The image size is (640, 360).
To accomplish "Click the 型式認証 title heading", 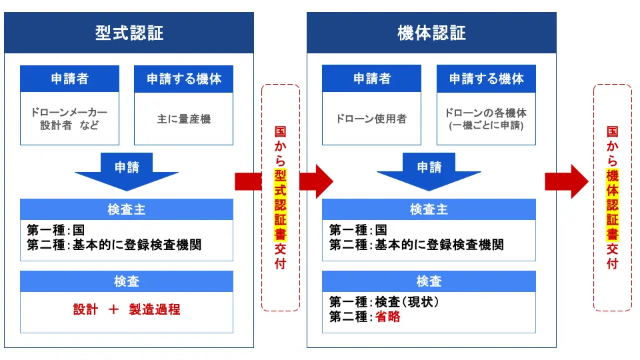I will pos(129,33).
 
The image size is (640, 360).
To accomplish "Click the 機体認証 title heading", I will pos(431,33).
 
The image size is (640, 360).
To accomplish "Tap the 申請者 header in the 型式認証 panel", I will pos(69,79).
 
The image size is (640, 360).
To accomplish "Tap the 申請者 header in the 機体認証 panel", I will pos(371,79).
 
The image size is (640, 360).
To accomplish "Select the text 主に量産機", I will pos(183,119).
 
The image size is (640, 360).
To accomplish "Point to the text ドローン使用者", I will pos(371,119).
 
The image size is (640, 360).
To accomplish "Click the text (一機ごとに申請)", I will pos(486,125).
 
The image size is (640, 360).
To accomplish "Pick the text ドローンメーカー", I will pos(69,112).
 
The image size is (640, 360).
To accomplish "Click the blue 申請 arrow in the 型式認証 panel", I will pos(127,170).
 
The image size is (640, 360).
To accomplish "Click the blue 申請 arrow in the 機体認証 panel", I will pos(429,170).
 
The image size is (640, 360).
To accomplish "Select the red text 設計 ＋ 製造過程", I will pos(127,309).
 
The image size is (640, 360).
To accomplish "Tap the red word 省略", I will pos(387,317).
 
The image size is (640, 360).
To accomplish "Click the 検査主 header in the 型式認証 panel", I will pos(127,209).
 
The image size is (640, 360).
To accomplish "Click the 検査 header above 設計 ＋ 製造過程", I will pos(127,281).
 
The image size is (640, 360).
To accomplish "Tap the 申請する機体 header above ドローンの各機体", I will pos(486,79).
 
